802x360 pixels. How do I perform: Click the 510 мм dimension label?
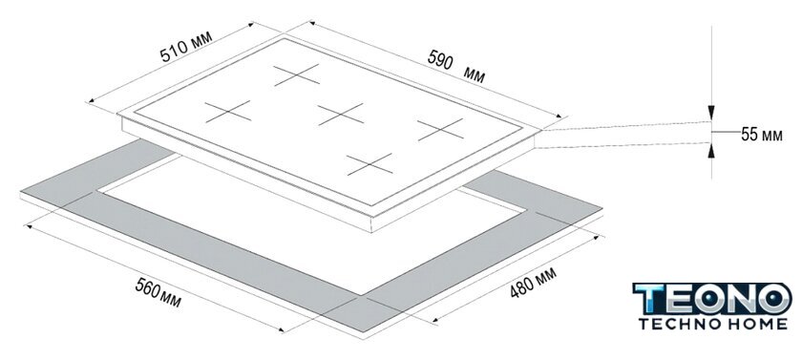pyautogui.click(x=185, y=47)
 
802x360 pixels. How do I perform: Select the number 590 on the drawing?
pyautogui.click(x=440, y=59)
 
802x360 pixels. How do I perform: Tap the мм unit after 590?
pyautogui.click(x=475, y=75)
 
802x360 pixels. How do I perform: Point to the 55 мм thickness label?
pyautogui.click(x=762, y=135)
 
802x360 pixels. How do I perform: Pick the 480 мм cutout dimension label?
pyautogui.click(x=533, y=282)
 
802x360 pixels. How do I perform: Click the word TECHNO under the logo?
pyautogui.click(x=677, y=324)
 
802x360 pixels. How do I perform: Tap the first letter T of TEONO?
pyautogui.click(x=649, y=299)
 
